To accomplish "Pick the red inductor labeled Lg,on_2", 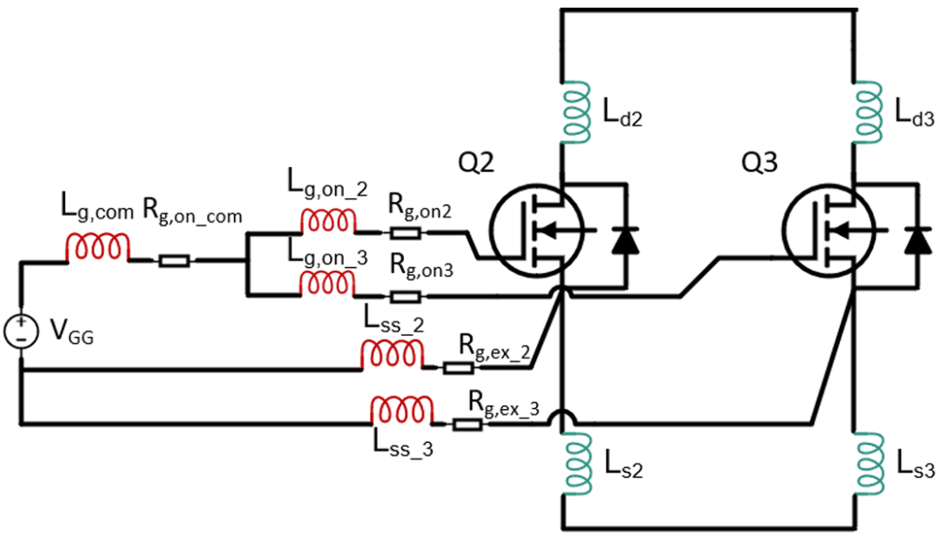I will coord(328,222).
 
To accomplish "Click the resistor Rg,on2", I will coord(406,233).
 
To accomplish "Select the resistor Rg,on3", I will coord(406,297).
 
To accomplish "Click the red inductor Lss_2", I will coord(392,354).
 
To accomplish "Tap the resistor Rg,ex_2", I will coord(459,368).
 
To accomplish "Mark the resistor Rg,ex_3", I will coord(467,425).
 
